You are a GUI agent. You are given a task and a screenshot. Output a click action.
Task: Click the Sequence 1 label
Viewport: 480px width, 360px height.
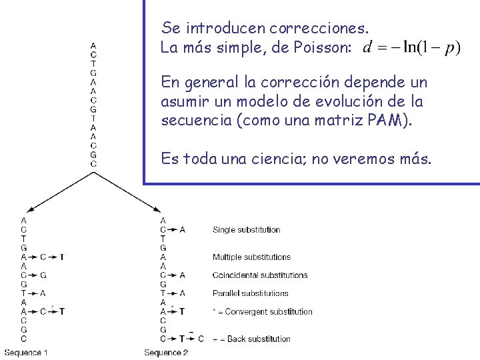tap(25, 352)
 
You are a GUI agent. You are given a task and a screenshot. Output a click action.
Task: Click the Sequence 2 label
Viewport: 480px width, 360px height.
tap(166, 352)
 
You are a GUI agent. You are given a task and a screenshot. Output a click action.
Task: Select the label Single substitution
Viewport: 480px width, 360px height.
tap(246, 230)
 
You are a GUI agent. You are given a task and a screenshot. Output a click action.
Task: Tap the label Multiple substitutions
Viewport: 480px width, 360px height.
tap(251, 257)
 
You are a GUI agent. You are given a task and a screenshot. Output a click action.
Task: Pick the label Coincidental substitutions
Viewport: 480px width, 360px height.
tap(260, 275)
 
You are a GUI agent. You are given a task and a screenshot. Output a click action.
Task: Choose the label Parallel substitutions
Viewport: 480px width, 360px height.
tap(248, 293)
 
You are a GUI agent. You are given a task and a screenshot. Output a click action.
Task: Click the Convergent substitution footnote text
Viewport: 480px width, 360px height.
tap(262, 311)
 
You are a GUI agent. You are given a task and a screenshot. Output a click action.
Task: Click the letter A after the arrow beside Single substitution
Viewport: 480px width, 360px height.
tap(183, 230)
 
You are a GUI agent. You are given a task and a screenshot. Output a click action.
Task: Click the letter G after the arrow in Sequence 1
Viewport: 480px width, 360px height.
tap(43, 275)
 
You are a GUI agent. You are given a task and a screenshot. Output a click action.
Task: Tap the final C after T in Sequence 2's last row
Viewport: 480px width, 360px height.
tap(201, 339)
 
